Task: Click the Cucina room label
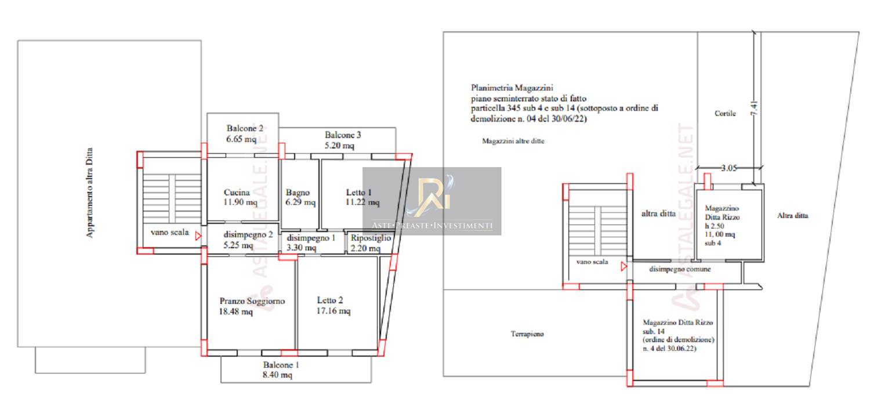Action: click(237, 193)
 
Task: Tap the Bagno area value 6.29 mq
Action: click(300, 202)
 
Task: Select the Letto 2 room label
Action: click(330, 300)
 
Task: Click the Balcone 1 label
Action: click(281, 365)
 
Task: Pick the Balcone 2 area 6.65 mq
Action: click(241, 139)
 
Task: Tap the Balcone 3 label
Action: click(343, 135)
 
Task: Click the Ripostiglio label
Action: click(371, 238)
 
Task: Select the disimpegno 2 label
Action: click(248, 235)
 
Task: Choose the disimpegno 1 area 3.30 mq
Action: click(302, 248)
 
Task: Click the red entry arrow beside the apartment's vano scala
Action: click(198, 235)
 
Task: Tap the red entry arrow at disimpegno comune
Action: click(623, 267)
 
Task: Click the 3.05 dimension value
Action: click(728, 168)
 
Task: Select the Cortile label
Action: click(725, 114)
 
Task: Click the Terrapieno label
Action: click(527, 334)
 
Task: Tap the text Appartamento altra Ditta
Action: click(89, 193)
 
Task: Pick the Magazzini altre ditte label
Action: click(513, 141)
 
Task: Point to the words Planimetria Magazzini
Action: click(512, 88)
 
